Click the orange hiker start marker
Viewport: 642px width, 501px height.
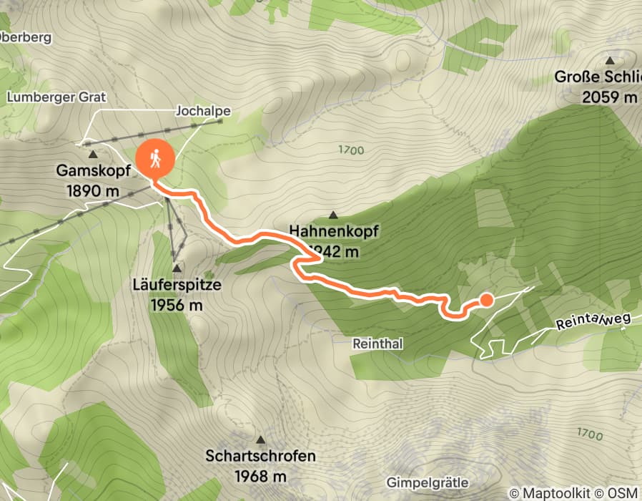154,159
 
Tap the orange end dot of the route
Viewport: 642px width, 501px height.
485,300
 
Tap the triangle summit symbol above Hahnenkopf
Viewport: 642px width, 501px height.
333,214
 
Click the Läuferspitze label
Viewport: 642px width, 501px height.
177,285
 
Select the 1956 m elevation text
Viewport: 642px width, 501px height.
177,304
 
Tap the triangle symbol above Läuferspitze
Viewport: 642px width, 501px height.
176,267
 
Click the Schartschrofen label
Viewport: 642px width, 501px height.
260,456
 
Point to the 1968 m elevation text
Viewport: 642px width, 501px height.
260,475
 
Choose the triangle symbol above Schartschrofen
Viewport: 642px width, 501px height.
260,439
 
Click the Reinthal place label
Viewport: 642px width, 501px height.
377,344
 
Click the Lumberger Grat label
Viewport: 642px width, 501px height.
46,97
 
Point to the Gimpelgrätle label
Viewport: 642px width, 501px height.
427,480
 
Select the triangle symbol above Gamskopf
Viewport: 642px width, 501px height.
92,154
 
